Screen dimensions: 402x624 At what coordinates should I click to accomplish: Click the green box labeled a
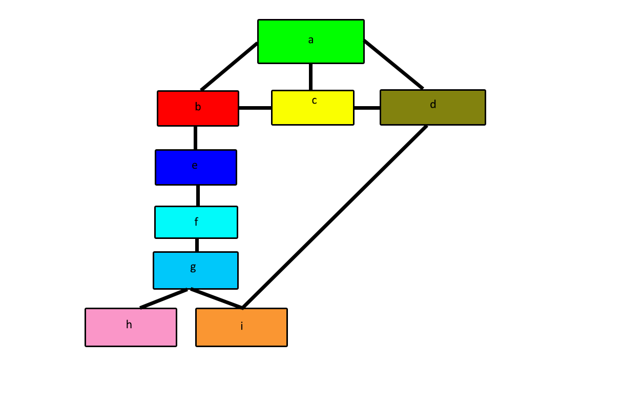tap(310, 42)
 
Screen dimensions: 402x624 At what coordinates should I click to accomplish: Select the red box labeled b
tap(198, 108)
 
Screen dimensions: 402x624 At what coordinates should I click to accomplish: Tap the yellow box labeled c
tap(313, 108)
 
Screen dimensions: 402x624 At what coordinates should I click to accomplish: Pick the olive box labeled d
tap(432, 107)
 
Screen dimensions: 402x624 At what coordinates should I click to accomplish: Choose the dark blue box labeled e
tap(196, 167)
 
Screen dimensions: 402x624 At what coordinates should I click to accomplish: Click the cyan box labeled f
tap(196, 222)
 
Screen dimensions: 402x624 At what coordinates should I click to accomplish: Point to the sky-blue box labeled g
tap(195, 270)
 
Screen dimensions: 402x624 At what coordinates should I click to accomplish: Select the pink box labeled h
tap(131, 327)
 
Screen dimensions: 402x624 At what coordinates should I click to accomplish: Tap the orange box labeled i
tap(241, 327)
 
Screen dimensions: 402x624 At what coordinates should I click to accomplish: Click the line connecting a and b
tap(229, 67)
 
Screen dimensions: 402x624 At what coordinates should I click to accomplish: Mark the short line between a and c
tap(310, 77)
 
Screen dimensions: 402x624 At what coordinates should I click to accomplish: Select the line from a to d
tap(393, 64)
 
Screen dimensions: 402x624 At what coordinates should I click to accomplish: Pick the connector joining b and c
tap(255, 108)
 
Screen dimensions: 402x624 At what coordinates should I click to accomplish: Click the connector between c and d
tap(367, 108)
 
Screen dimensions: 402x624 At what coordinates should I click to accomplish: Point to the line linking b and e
tap(195, 138)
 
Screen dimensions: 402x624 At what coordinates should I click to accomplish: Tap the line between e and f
tap(198, 195)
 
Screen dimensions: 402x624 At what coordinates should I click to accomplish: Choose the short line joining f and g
tap(197, 245)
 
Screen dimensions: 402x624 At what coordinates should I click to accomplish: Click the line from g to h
tap(164, 298)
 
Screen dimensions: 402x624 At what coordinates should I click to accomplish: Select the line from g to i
tap(216, 298)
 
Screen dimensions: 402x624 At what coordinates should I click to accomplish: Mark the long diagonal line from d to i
tap(334, 217)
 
